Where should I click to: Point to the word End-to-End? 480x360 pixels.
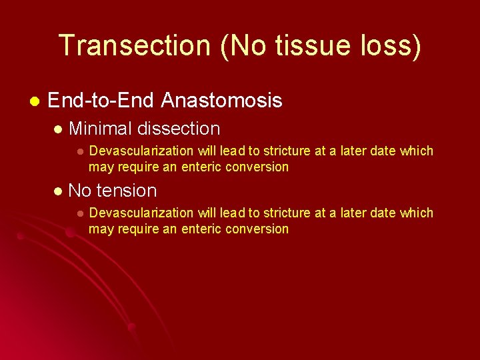click(x=101, y=101)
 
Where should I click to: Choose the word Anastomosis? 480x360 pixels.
click(x=221, y=101)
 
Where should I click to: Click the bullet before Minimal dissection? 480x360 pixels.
click(x=57, y=129)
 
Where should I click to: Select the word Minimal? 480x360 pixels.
click(x=100, y=128)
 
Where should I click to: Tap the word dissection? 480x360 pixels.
click(x=178, y=128)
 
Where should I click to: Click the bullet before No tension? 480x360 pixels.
click(x=57, y=191)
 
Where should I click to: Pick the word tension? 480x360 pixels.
click(x=127, y=191)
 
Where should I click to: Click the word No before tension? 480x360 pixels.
click(x=80, y=191)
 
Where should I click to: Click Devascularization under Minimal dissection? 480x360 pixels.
click(x=141, y=151)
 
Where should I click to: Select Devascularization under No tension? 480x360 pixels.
click(x=141, y=213)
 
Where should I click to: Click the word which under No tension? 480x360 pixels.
click(x=417, y=213)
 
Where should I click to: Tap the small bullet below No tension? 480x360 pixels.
click(x=79, y=213)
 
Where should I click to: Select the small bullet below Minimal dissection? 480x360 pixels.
click(x=79, y=151)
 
